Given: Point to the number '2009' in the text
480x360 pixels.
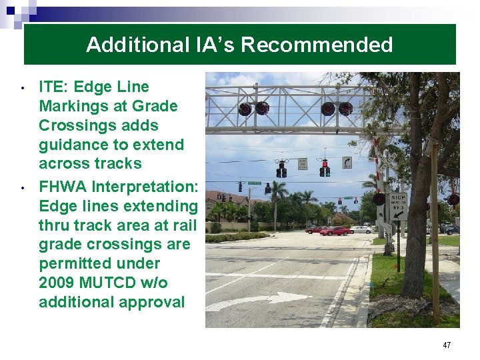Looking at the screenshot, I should pos(56,283).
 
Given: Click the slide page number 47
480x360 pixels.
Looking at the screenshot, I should pos(446,345).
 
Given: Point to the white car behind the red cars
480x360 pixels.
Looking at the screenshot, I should pos(362,229).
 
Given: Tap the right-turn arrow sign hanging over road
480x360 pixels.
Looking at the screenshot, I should pos(347,163).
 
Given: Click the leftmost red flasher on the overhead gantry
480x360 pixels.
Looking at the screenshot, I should pos(245,109).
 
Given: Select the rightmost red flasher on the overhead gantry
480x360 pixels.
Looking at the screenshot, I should pos(345,109).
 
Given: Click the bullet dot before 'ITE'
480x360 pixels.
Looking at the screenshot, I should pos(23,88).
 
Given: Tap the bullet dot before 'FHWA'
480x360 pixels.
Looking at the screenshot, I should pos(23,189).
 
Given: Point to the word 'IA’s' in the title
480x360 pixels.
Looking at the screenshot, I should pos(213,45).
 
